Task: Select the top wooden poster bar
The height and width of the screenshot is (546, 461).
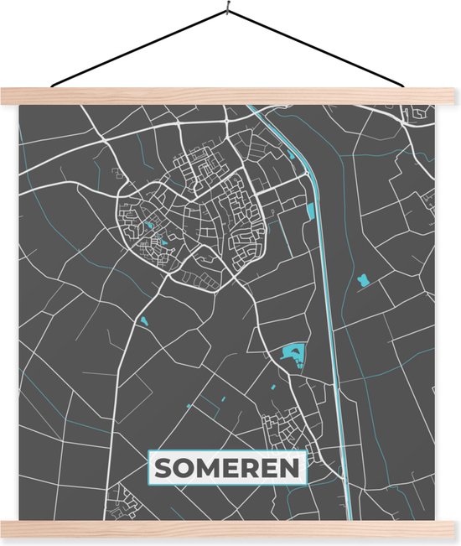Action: point(230,96)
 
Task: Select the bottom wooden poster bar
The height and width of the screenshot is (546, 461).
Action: point(230,528)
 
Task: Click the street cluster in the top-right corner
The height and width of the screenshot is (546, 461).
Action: point(416,113)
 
